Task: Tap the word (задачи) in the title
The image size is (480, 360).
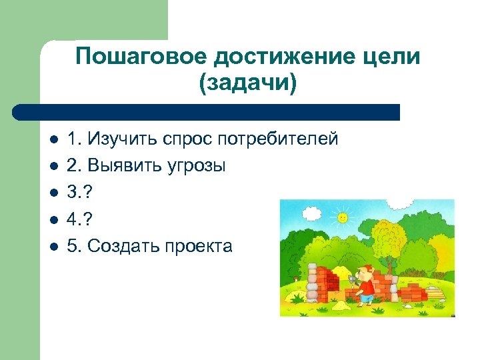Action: click(x=247, y=85)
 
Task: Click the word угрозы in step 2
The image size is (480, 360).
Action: click(x=193, y=166)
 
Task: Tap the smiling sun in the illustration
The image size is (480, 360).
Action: click(x=343, y=217)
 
